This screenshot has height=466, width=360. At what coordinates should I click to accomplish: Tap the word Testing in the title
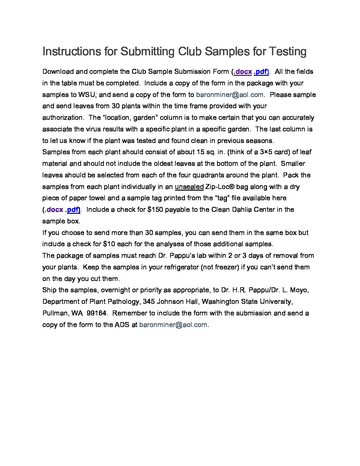pyautogui.click(x=287, y=51)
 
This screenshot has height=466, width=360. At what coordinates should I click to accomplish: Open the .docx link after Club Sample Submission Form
pyautogui.click(x=243, y=72)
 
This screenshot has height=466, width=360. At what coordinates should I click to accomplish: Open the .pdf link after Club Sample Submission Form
pyautogui.click(x=261, y=72)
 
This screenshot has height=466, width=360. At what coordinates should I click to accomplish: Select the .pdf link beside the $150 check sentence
pyautogui.click(x=73, y=210)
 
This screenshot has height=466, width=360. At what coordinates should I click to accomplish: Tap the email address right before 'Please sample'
pyautogui.click(x=230, y=95)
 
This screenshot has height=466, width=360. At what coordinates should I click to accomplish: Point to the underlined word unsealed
pyautogui.click(x=189, y=187)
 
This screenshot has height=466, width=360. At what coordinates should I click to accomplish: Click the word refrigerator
pyautogui.click(x=173, y=267)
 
